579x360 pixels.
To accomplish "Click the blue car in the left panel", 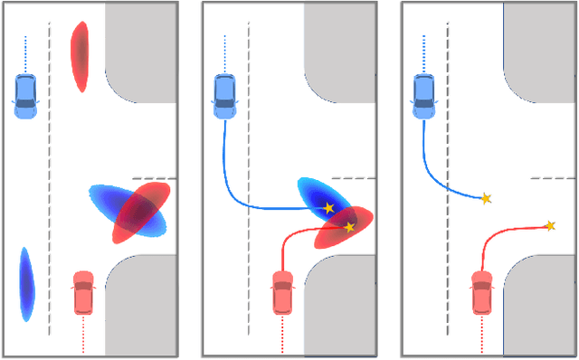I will tap(25, 96).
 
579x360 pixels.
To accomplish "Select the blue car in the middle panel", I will tap(224, 96).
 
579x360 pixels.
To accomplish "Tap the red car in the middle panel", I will tap(282, 292).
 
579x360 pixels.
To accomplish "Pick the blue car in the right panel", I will tap(423, 96).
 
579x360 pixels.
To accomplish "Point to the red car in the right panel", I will tap(481, 292).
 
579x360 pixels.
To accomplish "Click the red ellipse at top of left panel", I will tap(81, 55).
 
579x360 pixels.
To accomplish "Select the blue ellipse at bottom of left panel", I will tap(26, 284).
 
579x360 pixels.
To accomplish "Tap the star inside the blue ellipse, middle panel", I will tap(329, 209).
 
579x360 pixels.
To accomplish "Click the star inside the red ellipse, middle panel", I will tap(350, 227).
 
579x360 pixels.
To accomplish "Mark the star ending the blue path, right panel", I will tap(486, 198).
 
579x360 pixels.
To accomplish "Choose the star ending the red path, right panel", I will tap(549, 225).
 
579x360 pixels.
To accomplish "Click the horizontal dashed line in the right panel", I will tap(553, 178).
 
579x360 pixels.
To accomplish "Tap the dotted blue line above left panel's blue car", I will tap(25, 54).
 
